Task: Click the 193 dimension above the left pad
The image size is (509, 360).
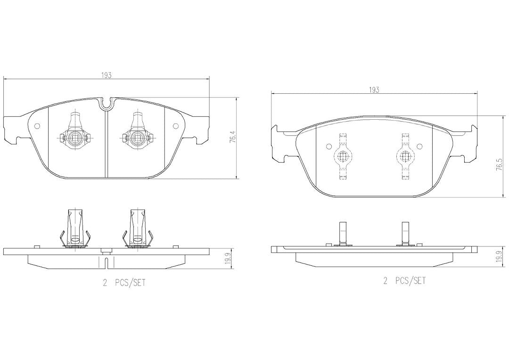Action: pos(107,75)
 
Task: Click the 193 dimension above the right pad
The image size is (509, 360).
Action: pos(374,90)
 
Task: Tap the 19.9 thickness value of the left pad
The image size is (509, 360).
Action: pos(228,260)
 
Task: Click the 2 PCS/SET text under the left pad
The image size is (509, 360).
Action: pos(124,283)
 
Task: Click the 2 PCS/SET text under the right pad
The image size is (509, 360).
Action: pos(404,281)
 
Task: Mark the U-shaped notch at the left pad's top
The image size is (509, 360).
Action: pos(107,103)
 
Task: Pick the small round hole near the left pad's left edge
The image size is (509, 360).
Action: pos(37,126)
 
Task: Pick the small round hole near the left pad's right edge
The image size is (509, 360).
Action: pos(176,126)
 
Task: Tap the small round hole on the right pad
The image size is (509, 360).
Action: pos(328,146)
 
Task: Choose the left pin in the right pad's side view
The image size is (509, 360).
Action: pos(343,233)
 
